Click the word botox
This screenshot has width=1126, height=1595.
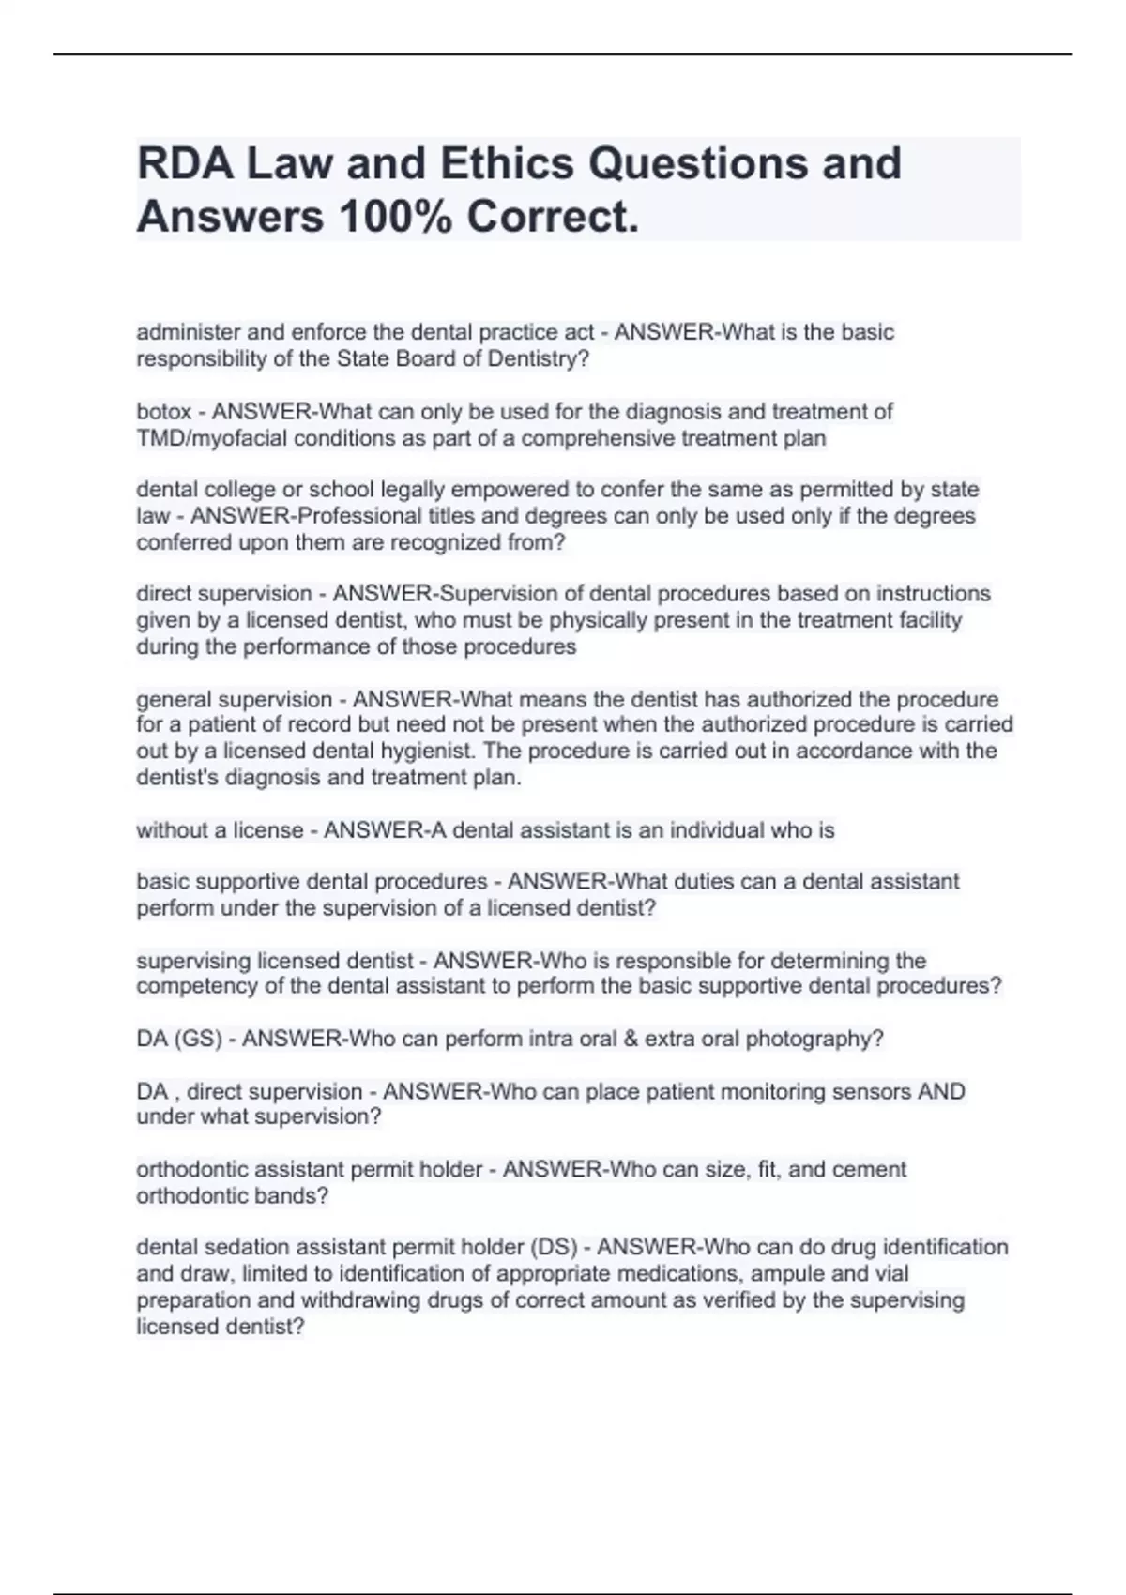(163, 412)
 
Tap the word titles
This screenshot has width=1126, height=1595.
(505, 516)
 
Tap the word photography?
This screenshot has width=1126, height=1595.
(814, 1039)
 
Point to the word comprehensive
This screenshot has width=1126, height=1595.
(597, 438)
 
